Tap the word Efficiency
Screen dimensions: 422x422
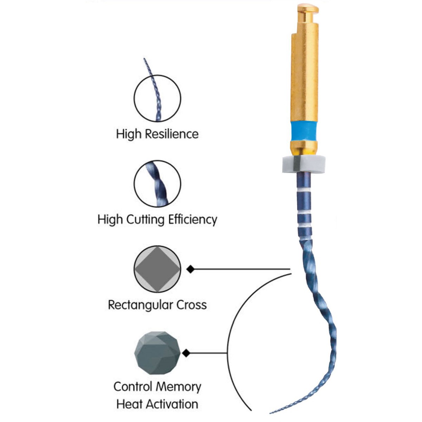point(193,219)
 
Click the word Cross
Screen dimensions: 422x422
point(191,305)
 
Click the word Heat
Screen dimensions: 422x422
point(129,404)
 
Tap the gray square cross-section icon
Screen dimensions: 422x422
point(157,269)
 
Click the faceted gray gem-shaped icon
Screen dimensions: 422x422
point(157,353)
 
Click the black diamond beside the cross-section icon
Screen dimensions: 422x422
point(190,269)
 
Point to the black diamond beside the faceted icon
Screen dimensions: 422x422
point(186,353)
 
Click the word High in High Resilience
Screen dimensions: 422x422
point(129,134)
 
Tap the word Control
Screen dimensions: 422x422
point(134,387)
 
